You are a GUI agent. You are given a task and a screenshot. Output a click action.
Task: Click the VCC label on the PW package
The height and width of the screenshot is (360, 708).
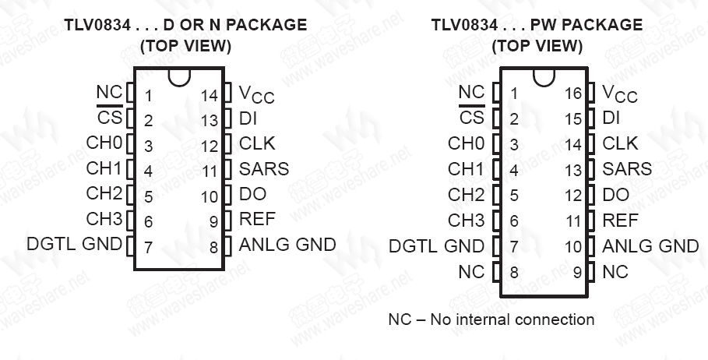(x=619, y=94)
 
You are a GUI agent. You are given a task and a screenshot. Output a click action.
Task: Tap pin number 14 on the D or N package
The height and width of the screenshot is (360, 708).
(x=209, y=95)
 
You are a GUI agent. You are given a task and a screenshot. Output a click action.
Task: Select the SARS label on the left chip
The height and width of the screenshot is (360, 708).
(x=264, y=168)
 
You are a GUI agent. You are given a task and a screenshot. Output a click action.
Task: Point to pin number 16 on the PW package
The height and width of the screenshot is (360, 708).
(x=573, y=94)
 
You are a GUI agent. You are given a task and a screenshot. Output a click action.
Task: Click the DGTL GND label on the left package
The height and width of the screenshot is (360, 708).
(x=74, y=244)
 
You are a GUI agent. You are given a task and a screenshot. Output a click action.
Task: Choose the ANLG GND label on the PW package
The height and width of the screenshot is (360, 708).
(x=650, y=246)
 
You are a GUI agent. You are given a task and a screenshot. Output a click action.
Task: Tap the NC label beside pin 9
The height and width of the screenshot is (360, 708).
(x=615, y=272)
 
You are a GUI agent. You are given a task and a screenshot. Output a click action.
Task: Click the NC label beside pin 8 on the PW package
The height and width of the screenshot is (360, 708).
(x=471, y=272)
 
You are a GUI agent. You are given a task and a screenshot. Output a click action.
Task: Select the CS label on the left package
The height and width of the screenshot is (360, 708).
(x=109, y=118)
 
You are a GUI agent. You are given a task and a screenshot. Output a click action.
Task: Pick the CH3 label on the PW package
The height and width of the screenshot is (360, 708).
(x=466, y=220)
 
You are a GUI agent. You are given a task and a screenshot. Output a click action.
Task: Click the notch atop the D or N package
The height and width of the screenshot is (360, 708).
(x=179, y=78)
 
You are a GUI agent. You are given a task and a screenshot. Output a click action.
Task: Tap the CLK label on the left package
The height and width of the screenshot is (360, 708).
(x=257, y=143)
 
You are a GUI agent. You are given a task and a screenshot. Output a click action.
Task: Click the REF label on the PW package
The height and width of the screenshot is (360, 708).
(x=620, y=220)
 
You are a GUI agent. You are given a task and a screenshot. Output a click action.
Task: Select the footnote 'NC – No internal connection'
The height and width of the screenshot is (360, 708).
(x=491, y=319)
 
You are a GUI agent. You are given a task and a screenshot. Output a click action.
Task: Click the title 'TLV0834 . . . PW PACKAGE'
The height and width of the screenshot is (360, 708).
(x=537, y=25)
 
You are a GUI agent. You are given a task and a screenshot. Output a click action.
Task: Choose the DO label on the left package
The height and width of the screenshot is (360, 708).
(x=253, y=194)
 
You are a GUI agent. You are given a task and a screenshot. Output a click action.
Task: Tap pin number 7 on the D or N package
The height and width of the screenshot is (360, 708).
(x=148, y=247)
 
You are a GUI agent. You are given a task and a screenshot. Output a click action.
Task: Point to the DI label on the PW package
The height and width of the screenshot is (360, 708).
(x=611, y=118)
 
